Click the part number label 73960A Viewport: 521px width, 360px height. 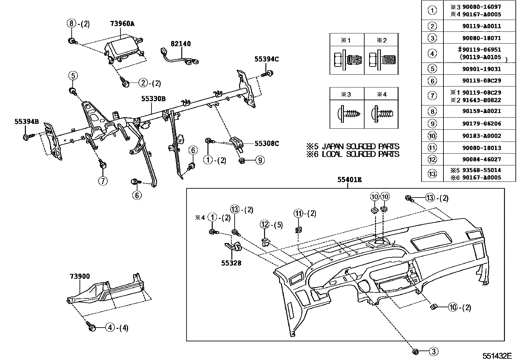point(122,24)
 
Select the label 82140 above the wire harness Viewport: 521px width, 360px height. point(180,44)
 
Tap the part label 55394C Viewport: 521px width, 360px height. point(267,59)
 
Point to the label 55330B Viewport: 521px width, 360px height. point(153,98)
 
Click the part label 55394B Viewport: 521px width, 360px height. point(27,122)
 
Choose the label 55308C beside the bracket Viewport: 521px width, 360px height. point(267,143)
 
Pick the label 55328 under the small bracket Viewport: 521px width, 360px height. point(231,263)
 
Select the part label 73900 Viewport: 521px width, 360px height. point(80,276)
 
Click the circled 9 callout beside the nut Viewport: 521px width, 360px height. point(260,161)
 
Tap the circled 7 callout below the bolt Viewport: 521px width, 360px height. point(103,181)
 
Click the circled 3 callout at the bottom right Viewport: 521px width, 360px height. point(433,352)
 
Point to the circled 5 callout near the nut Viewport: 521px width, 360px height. point(73,76)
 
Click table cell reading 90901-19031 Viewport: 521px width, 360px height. point(481,69)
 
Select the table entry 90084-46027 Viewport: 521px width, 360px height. point(481,160)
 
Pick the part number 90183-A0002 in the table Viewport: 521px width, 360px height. point(481,136)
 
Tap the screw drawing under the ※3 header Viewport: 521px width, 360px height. point(347,114)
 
